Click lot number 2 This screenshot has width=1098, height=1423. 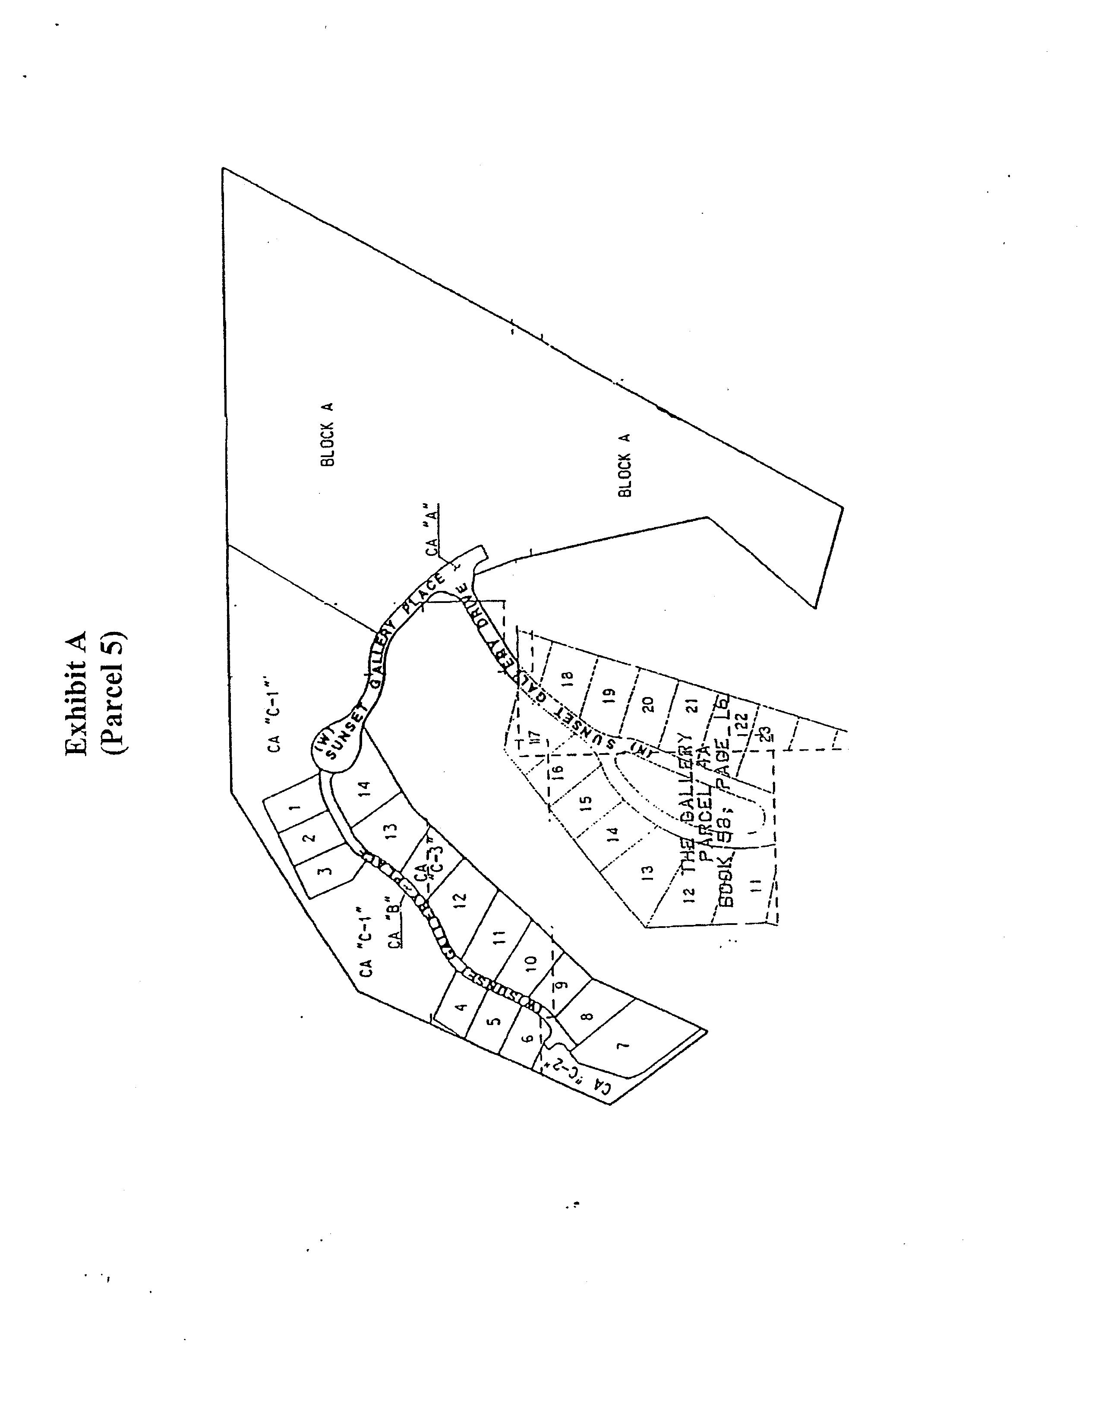pyautogui.click(x=310, y=838)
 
